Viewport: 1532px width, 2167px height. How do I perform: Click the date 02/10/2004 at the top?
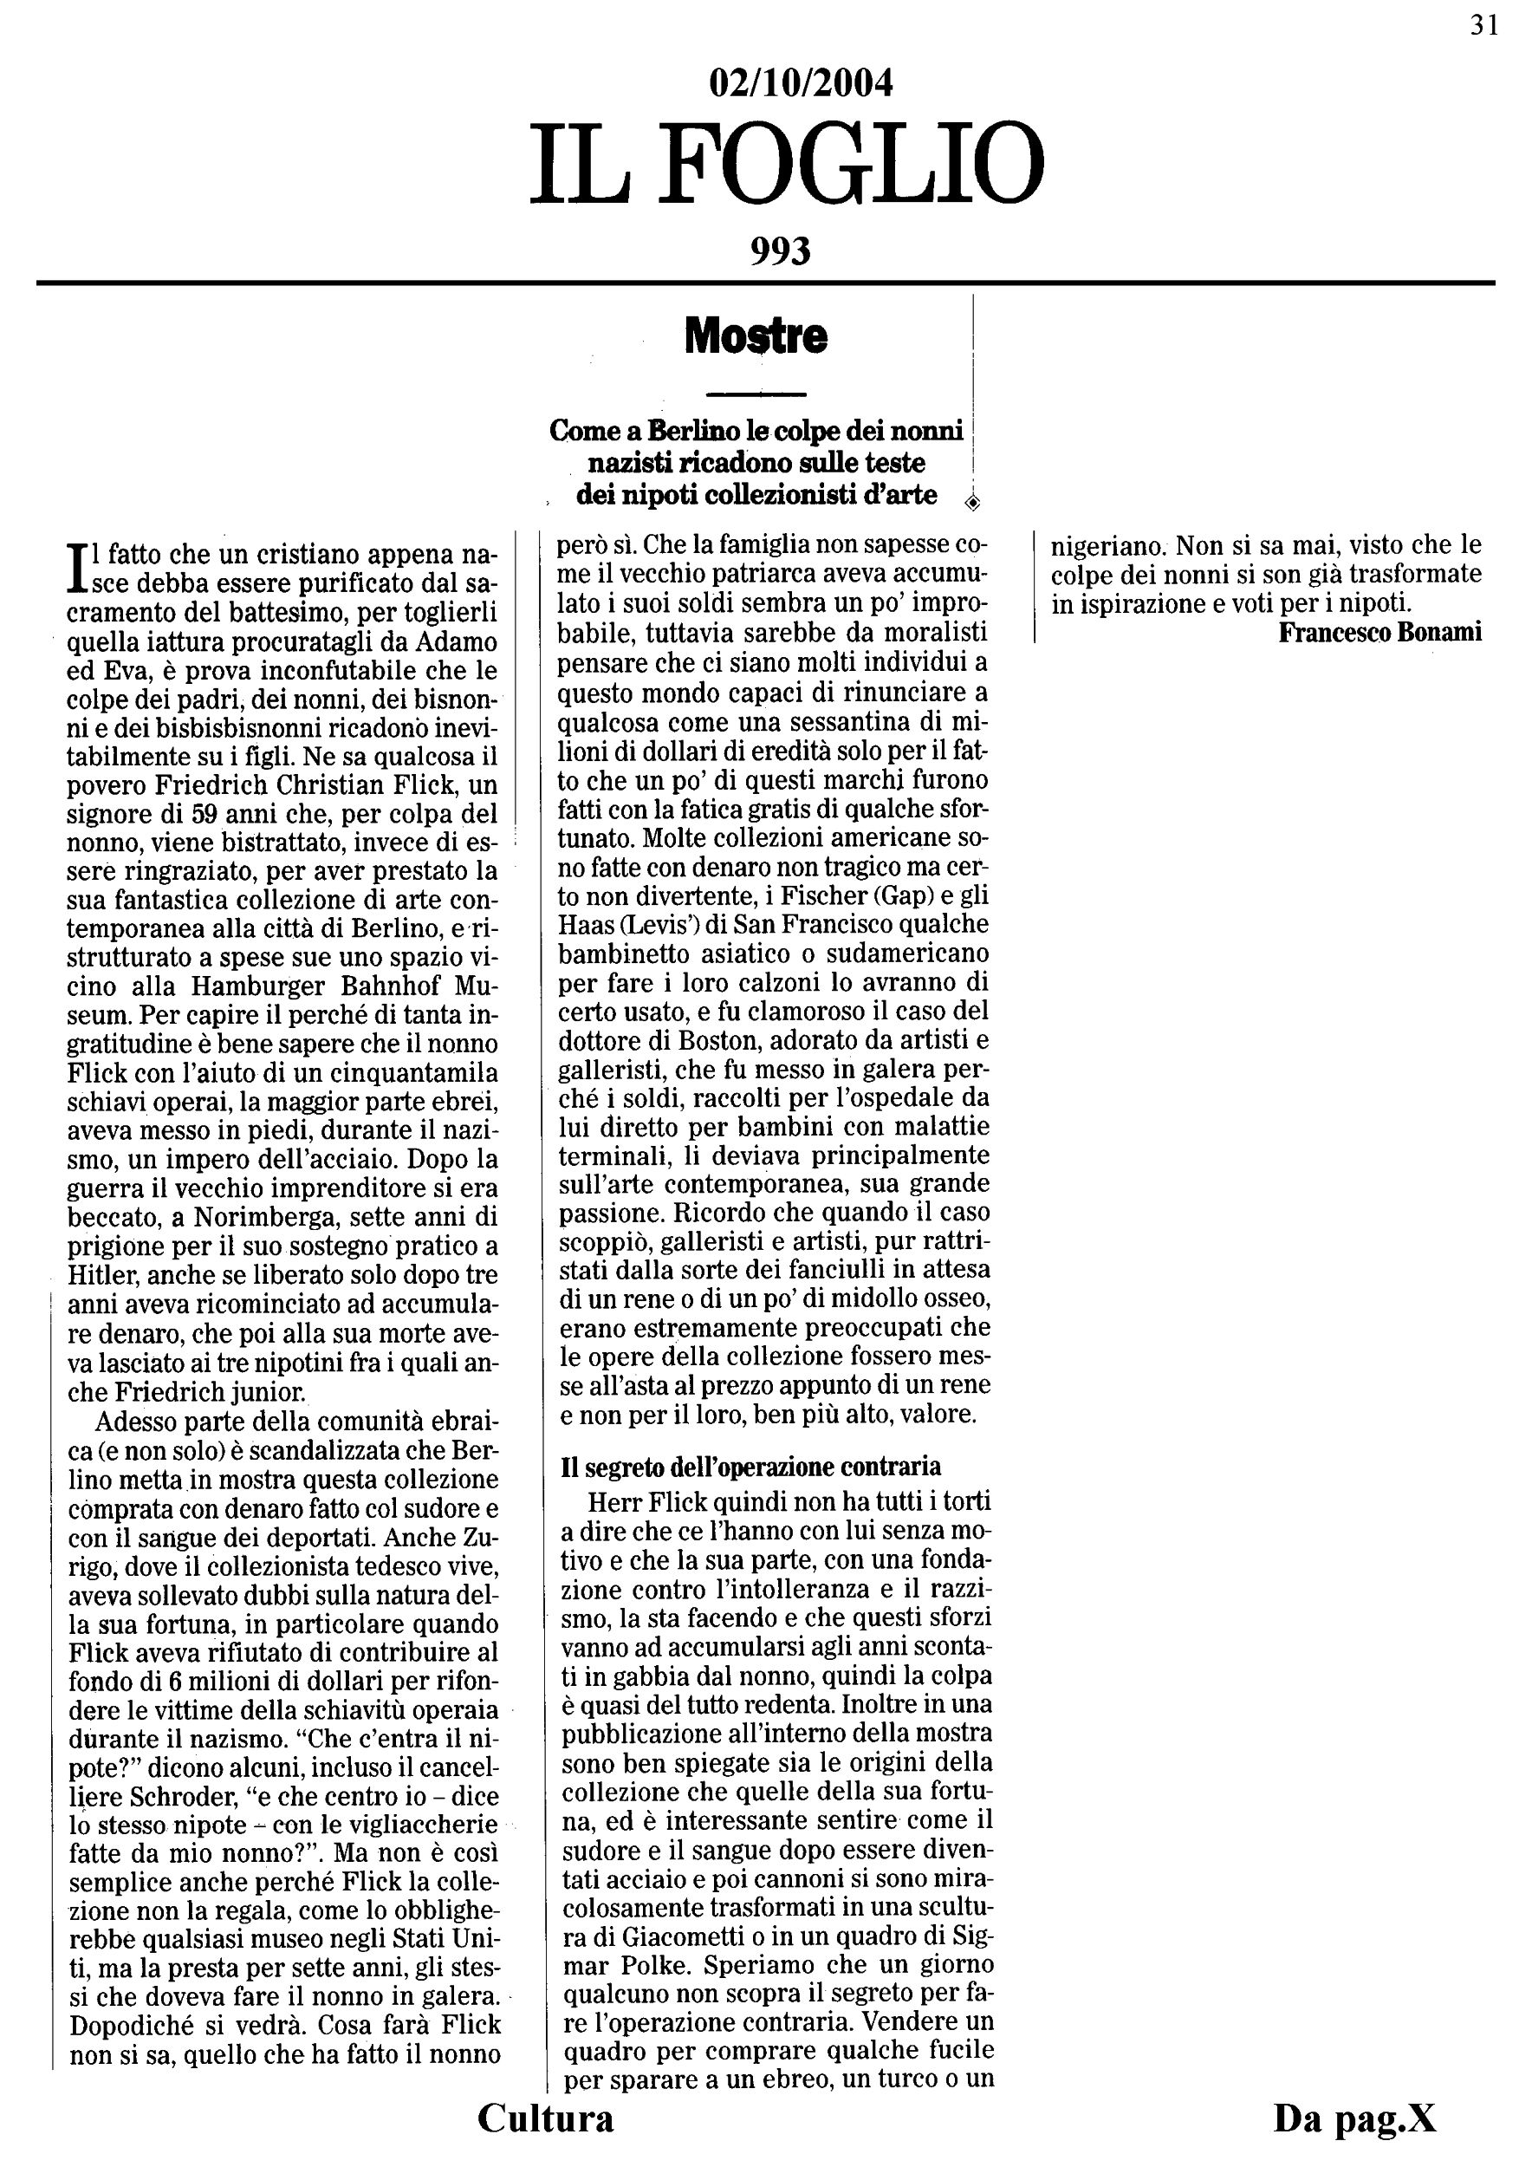(x=800, y=84)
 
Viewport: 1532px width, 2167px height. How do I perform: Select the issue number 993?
(x=780, y=251)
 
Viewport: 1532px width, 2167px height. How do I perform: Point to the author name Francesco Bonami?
(x=1379, y=633)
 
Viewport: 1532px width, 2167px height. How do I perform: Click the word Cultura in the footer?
(x=545, y=2118)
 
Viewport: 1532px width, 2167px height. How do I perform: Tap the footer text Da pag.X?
(x=1354, y=2118)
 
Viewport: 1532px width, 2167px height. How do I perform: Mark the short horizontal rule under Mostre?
(x=756, y=394)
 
